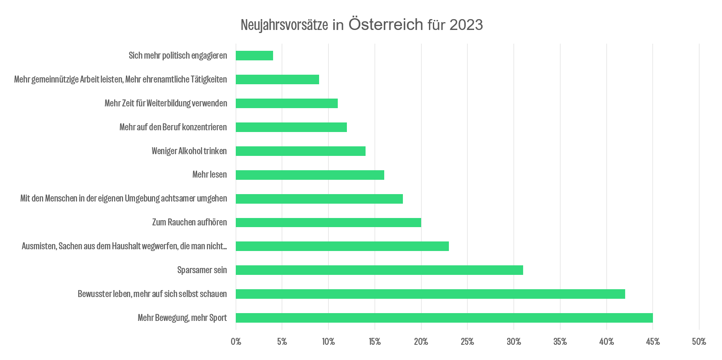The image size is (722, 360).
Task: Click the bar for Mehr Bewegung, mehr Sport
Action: pyautogui.click(x=444, y=318)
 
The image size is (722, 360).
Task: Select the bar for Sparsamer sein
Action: pyautogui.click(x=379, y=270)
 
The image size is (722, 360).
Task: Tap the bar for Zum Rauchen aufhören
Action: pyautogui.click(x=328, y=222)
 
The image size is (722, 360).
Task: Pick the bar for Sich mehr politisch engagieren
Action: pyautogui.click(x=254, y=56)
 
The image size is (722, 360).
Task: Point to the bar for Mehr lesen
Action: pyautogui.click(x=310, y=175)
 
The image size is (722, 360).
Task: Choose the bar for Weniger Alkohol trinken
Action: pyautogui.click(x=300, y=151)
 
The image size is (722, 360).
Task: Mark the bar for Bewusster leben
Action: pyautogui.click(x=430, y=294)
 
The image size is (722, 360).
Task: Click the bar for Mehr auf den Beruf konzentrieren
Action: pyautogui.click(x=291, y=127)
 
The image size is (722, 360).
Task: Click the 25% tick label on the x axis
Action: pyautogui.click(x=467, y=342)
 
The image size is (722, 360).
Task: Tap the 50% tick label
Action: pyautogui.click(x=699, y=342)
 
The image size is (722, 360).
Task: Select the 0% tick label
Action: pyautogui.click(x=236, y=342)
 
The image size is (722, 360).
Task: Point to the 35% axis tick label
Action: pyautogui.click(x=560, y=342)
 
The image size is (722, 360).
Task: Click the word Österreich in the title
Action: pyautogui.click(x=386, y=25)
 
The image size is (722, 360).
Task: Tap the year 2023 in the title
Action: pyautogui.click(x=466, y=25)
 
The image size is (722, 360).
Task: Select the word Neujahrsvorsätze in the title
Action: pyautogui.click(x=284, y=25)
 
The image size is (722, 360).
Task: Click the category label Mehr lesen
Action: pyautogui.click(x=209, y=175)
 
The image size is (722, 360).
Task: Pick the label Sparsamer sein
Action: pyautogui.click(x=202, y=270)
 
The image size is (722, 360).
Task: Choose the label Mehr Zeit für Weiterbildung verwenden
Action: pyautogui.click(x=166, y=103)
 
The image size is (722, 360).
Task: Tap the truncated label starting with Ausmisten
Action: pyautogui.click(x=124, y=246)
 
